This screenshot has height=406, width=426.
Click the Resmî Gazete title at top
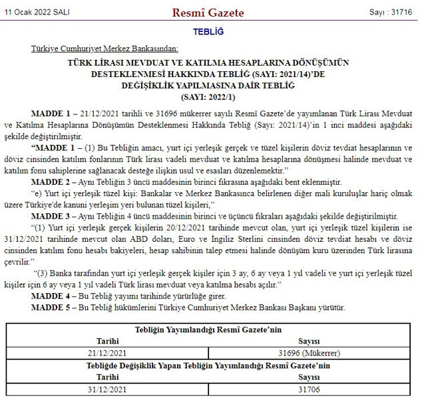[x=208, y=13]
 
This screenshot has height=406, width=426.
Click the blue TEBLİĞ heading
[x=208, y=32]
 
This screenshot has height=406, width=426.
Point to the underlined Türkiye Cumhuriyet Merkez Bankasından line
[x=105, y=49]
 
